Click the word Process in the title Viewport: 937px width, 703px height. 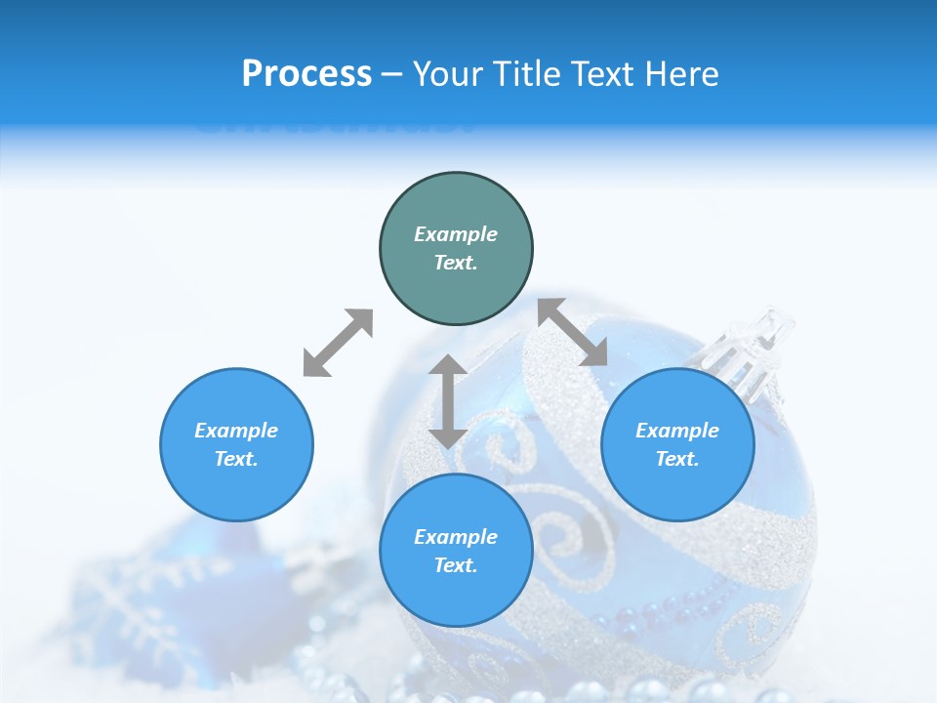[x=306, y=74]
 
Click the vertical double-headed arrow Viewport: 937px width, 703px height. [x=448, y=401]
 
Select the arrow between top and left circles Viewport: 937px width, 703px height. [x=338, y=343]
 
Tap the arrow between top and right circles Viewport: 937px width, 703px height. [x=573, y=332]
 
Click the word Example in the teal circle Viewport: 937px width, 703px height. [x=456, y=234]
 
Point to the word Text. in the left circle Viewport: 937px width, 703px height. [x=236, y=459]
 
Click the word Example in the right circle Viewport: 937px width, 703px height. [x=677, y=431]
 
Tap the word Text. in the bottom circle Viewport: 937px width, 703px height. [x=456, y=565]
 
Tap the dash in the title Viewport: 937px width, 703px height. [x=391, y=74]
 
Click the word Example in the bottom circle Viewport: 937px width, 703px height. [x=456, y=537]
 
